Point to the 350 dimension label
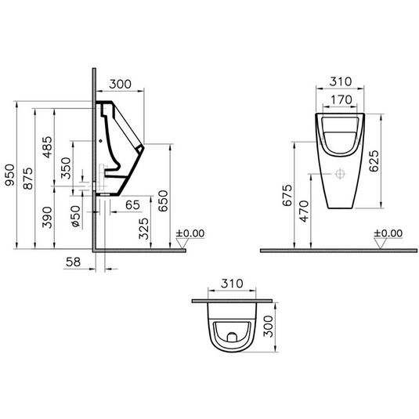[66, 168]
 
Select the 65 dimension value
[132, 205]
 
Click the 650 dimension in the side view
[162, 201]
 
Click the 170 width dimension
[338, 99]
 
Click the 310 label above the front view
[338, 81]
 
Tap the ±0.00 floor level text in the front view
[388, 233]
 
